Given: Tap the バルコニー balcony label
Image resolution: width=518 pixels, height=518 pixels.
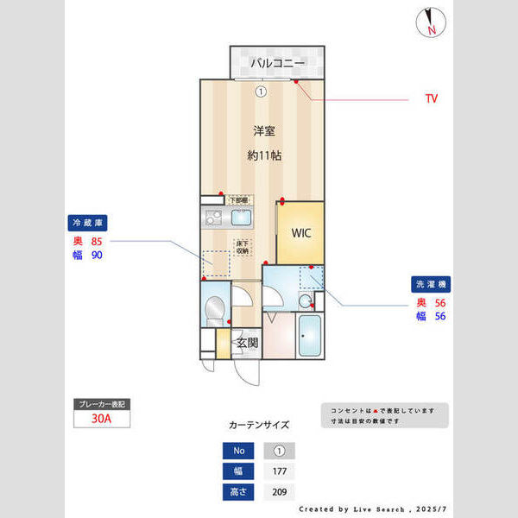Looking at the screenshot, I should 278,64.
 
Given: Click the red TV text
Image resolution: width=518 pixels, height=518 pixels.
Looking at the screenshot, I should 431,98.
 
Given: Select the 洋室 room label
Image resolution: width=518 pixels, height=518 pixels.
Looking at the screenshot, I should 263,131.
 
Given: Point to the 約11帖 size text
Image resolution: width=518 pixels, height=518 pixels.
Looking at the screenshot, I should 263,156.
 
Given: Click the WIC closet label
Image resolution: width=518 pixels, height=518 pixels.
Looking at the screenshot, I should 300,232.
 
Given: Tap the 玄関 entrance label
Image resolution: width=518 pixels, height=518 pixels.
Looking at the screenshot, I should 248,343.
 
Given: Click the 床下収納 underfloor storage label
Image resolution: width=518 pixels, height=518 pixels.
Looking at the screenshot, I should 242,247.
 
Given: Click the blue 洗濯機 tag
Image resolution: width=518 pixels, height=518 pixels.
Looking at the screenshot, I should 433,284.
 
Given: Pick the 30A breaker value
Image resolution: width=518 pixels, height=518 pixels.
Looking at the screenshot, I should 103,420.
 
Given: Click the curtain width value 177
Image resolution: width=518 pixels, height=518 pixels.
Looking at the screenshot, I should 279,471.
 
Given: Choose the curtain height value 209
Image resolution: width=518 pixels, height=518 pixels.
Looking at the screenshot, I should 279,492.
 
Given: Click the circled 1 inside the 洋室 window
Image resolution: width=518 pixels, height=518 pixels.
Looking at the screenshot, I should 261,90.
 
